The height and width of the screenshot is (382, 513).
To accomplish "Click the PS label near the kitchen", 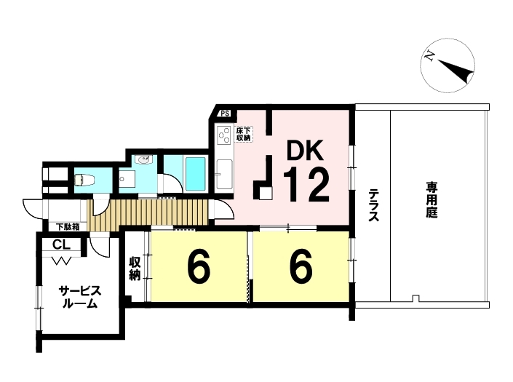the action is tap(224, 114).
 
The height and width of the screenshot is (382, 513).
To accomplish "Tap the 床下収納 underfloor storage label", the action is tap(244, 134).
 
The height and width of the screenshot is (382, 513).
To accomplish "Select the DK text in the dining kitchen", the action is tap(305, 150).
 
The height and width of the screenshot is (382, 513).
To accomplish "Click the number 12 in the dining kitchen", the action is tap(306, 184).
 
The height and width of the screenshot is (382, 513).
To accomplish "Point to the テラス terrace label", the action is tap(373, 205).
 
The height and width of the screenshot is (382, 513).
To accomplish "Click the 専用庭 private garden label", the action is tap(432, 201).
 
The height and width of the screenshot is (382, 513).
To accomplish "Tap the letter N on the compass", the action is tap(429, 56).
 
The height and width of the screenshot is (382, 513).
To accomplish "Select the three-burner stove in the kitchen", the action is tap(224, 135).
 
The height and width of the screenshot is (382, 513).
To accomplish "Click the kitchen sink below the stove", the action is tap(224, 174).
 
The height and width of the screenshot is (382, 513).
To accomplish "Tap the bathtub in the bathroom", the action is tap(195, 173).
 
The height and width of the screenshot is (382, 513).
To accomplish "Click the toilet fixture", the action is tap(84, 180).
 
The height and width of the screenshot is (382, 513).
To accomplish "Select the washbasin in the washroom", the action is tap(144, 160).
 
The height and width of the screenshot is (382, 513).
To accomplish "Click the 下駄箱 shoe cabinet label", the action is tap(68, 226).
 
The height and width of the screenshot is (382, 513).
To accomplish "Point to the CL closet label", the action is tap(62, 244).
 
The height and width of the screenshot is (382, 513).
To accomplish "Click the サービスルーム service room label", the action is tap(80, 298).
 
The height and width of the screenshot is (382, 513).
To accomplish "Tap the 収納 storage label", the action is tap(135, 268).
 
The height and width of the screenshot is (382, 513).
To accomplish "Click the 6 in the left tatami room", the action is tap(199, 267).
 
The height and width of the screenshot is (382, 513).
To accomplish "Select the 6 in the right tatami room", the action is tap(301, 267).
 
